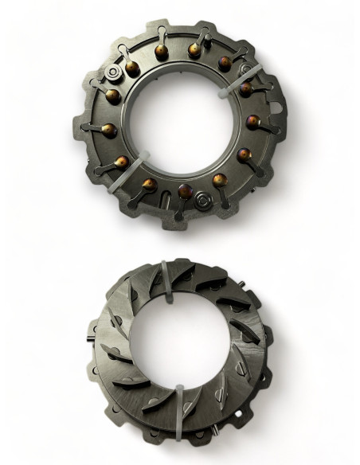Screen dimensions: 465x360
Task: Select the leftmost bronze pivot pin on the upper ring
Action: tap(107, 128)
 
